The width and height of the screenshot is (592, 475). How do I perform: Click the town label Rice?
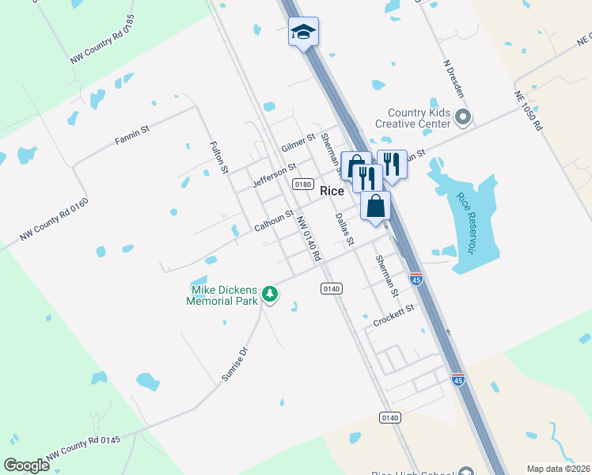[332, 191]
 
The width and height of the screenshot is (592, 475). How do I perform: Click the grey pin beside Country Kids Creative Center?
[464, 119]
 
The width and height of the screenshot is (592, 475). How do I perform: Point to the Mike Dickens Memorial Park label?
[222, 295]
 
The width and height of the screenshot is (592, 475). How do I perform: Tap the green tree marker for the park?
[271, 294]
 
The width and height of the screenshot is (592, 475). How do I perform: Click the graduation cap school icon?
[303, 32]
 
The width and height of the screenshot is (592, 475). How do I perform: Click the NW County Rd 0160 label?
[55, 220]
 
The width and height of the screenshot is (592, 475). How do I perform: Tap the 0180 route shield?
[302, 184]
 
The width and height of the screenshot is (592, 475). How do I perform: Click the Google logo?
[26, 465]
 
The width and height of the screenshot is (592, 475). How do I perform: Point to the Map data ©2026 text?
[559, 469]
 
